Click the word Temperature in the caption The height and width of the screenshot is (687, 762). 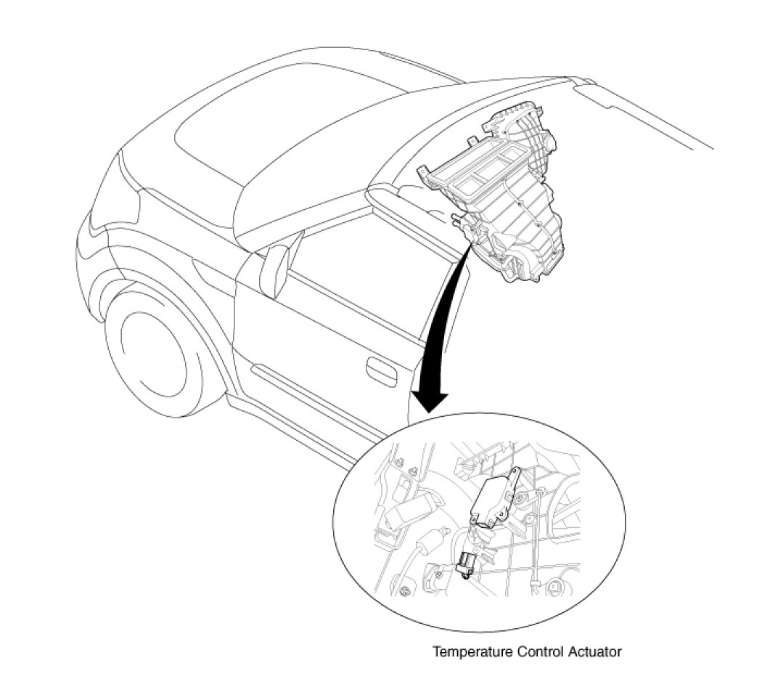[x=472, y=651]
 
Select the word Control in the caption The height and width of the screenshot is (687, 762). [x=538, y=651]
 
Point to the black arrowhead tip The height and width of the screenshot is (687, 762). [x=428, y=411]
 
